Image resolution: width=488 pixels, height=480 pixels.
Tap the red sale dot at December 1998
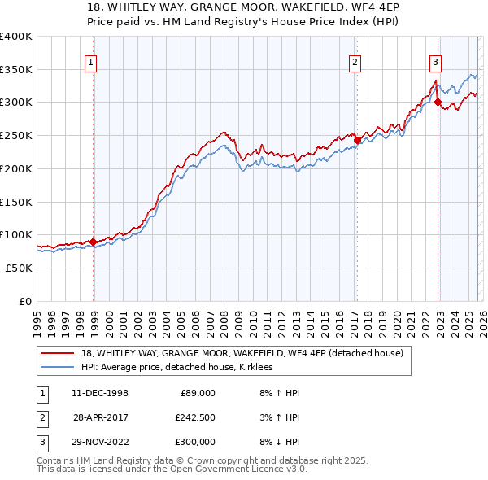(94, 242)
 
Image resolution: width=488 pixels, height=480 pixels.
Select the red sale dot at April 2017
(357, 140)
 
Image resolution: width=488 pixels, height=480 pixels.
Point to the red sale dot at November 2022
(438, 103)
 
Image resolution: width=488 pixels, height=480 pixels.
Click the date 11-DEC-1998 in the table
(100, 393)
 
